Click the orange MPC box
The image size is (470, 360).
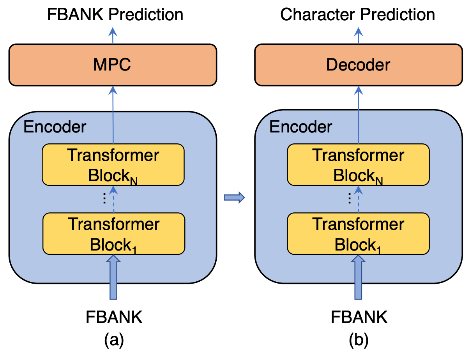click(113, 65)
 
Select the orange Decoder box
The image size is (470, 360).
click(358, 65)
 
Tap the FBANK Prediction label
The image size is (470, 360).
click(115, 15)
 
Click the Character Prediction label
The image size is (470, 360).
click(357, 15)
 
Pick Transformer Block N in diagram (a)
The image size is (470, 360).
click(113, 165)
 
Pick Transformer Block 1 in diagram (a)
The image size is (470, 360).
click(113, 234)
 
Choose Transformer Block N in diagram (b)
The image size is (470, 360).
click(358, 165)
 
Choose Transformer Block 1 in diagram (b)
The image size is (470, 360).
click(358, 234)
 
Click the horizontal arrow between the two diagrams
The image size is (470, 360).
click(234, 198)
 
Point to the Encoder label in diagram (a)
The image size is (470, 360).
click(55, 127)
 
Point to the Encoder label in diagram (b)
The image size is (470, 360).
click(300, 127)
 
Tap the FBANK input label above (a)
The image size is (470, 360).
click(114, 318)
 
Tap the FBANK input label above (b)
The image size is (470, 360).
click(359, 318)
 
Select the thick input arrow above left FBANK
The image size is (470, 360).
click(113, 277)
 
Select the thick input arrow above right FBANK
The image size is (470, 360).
click(359, 277)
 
